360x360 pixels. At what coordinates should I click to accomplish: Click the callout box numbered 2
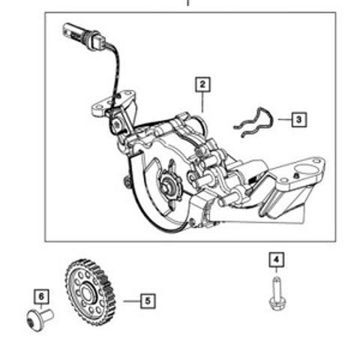tap(202, 85)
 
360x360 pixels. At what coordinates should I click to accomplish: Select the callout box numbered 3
tap(299, 119)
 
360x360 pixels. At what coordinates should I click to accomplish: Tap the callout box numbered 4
tap(276, 260)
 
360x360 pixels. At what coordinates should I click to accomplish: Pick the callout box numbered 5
tap(148, 301)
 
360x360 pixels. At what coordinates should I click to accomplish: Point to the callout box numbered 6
tap(41, 297)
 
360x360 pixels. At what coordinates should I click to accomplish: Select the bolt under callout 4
tap(277, 293)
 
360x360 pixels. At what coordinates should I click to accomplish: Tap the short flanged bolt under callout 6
tap(40, 319)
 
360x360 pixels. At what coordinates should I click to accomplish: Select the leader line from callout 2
tap(202, 102)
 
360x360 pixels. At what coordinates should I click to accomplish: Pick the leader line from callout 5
tap(132, 301)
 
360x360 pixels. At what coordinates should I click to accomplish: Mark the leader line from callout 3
tap(285, 119)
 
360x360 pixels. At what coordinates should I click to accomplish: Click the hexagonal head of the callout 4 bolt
tap(277, 303)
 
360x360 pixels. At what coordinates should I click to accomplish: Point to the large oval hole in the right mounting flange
tap(305, 169)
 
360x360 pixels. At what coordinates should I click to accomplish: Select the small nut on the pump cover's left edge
tap(127, 181)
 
